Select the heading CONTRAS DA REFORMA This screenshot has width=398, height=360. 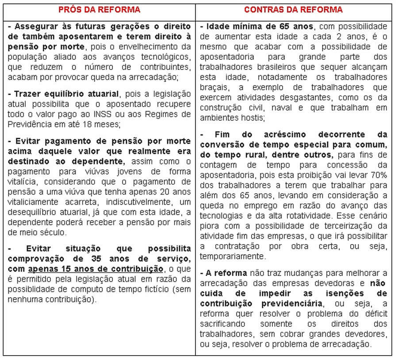point(294,10)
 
